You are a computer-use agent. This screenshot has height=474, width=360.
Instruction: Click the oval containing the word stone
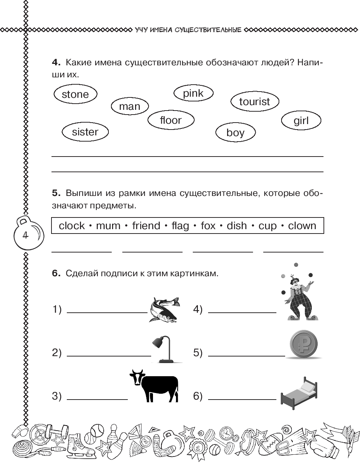[75, 95]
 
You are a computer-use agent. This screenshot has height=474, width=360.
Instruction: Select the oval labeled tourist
[254, 101]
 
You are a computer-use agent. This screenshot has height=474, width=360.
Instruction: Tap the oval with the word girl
[301, 121]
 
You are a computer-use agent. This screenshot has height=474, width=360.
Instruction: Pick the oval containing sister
[85, 132]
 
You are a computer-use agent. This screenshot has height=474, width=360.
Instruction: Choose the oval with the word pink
[193, 93]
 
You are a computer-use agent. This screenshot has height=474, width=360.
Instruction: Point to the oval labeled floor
[171, 120]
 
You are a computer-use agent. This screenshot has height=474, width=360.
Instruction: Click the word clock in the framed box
[72, 226]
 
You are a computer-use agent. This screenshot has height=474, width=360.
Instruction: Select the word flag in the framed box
[180, 226]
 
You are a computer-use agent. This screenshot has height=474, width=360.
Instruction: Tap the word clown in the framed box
[302, 226]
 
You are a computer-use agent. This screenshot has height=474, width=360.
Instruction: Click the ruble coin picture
[303, 344]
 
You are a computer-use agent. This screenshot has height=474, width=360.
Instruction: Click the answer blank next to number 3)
[97, 398]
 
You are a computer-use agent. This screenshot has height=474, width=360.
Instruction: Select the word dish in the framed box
[237, 226]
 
